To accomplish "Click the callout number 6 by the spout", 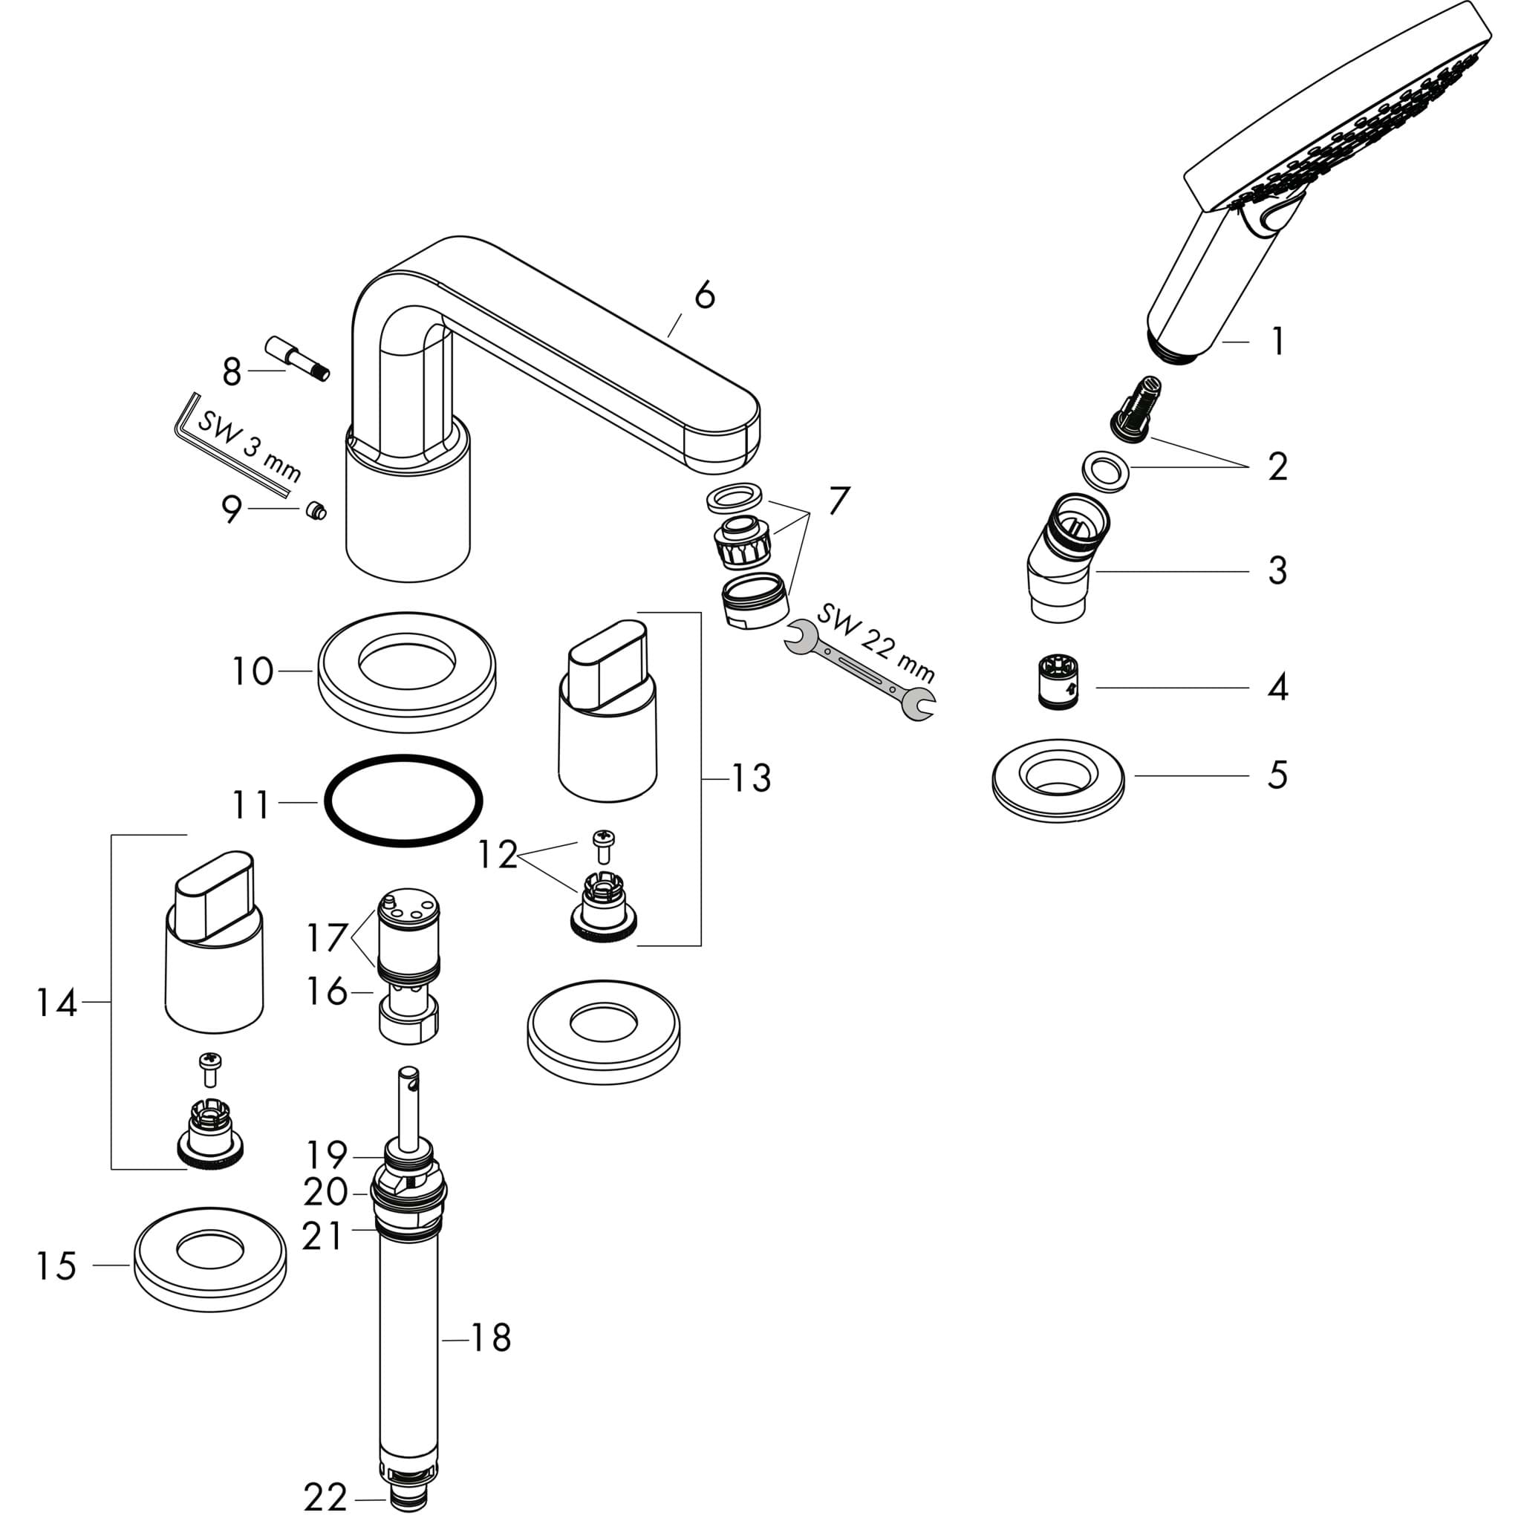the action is [705, 296].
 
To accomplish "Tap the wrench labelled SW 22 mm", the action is [862, 671].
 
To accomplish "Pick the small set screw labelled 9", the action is [316, 511].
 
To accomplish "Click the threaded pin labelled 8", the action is [297, 358].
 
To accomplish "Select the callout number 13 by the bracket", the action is [751, 778].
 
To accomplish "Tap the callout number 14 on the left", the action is [56, 1002].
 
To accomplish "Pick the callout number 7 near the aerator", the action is [838, 501].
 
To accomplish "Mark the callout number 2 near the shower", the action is [1277, 466].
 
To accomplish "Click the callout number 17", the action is [327, 937].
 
